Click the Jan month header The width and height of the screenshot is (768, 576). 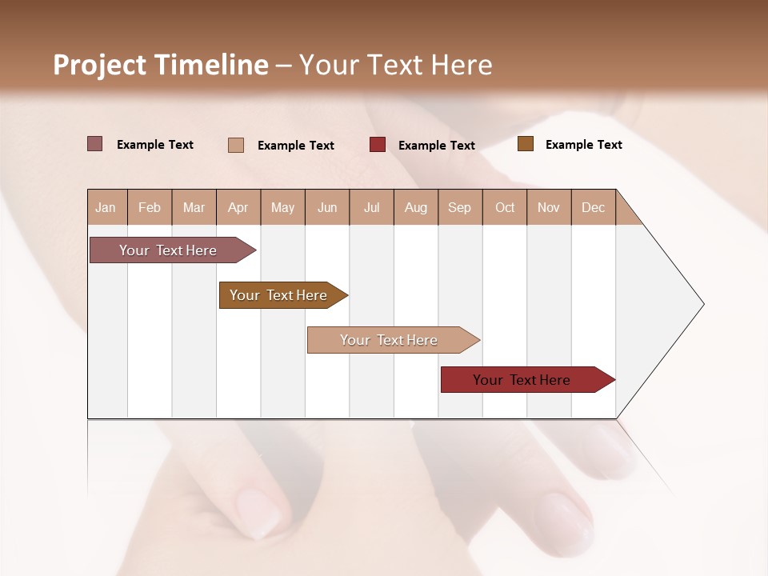(x=106, y=207)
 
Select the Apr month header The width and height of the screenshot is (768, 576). (x=238, y=207)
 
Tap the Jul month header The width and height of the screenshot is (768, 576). (x=371, y=207)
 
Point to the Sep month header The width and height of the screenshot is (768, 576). (x=459, y=207)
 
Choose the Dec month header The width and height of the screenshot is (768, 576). (x=593, y=207)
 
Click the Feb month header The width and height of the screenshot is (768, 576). (x=150, y=207)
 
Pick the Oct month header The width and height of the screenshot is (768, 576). (x=505, y=207)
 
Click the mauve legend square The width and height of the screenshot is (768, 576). (x=95, y=144)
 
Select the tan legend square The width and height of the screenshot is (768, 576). (x=236, y=145)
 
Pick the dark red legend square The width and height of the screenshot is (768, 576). (x=378, y=144)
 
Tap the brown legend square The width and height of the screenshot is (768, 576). (x=526, y=144)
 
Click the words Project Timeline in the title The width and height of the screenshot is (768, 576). (x=161, y=65)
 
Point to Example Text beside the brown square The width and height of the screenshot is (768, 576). (x=583, y=145)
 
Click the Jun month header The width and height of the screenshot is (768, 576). (x=327, y=207)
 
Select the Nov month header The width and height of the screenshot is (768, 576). (x=548, y=207)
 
